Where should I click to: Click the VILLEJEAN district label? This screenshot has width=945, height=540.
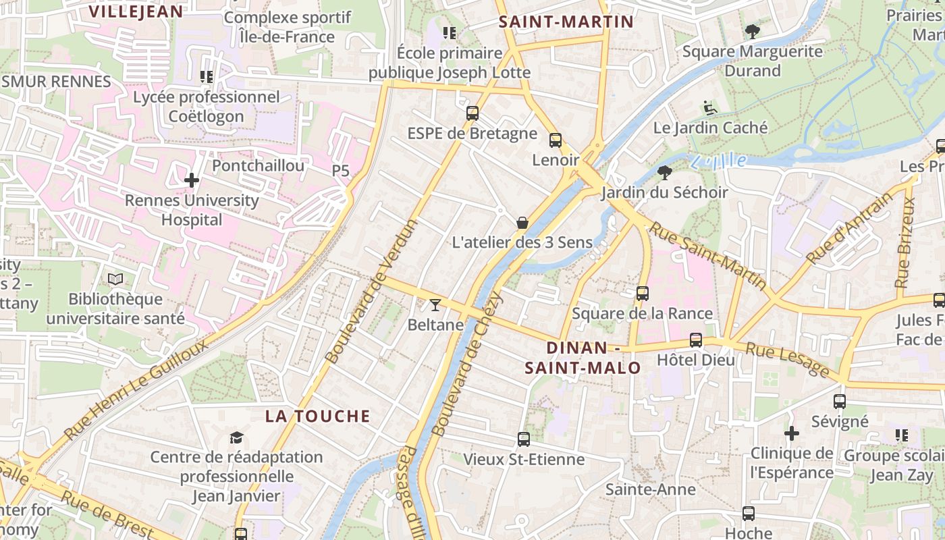point(136,11)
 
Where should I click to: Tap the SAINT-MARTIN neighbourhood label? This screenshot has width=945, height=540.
point(566,22)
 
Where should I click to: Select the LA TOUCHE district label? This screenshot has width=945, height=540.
point(317,416)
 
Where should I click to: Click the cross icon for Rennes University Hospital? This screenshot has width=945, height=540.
point(192,180)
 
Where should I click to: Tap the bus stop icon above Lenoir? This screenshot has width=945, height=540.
point(556,140)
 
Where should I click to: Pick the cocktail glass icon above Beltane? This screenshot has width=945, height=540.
point(435,305)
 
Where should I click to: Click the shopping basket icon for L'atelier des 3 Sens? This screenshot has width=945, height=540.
point(522,222)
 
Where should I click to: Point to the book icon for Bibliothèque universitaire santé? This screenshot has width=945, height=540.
point(115,279)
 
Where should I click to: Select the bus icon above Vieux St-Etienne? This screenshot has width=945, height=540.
point(523,439)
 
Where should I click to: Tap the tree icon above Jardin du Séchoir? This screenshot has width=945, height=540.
point(664,173)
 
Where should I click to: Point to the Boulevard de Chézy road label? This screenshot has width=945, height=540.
point(467,363)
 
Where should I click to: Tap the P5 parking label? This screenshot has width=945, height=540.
point(341,171)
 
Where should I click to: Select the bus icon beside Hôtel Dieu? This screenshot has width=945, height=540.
point(695,340)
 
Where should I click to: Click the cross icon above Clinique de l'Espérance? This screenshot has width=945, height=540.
point(792,433)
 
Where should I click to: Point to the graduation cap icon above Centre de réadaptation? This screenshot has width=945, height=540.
point(236,438)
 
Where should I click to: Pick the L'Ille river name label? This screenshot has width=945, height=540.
point(719,161)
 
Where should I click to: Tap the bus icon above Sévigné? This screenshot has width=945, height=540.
point(839,402)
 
